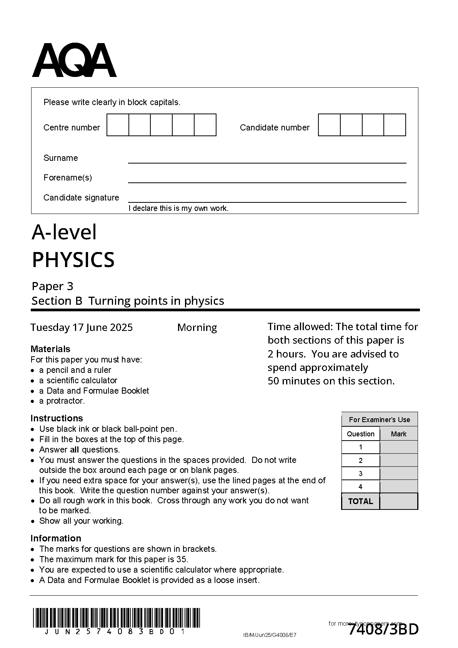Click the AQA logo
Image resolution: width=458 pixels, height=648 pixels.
click(74, 61)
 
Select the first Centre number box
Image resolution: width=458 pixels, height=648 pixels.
click(118, 125)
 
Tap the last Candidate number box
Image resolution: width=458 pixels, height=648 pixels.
click(395, 125)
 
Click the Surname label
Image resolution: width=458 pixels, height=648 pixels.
click(60, 158)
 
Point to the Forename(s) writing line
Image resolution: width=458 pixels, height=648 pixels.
click(267, 182)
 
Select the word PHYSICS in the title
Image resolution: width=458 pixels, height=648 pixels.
click(73, 260)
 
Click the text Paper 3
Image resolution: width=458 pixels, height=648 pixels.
click(52, 286)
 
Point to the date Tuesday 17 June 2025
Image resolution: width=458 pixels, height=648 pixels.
click(82, 327)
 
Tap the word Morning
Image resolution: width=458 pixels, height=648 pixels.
click(197, 327)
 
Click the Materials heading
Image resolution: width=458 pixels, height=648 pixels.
click(50, 349)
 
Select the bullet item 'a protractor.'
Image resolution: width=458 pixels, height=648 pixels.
click(62, 401)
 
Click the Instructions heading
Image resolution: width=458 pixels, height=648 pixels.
click(57, 418)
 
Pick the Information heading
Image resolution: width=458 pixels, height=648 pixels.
click(56, 538)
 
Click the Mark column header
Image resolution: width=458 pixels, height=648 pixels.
click(398, 434)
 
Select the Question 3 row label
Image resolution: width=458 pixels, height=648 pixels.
click(360, 474)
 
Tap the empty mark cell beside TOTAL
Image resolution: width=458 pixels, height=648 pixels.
click(398, 501)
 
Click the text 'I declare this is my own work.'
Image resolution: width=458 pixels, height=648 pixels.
click(178, 209)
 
